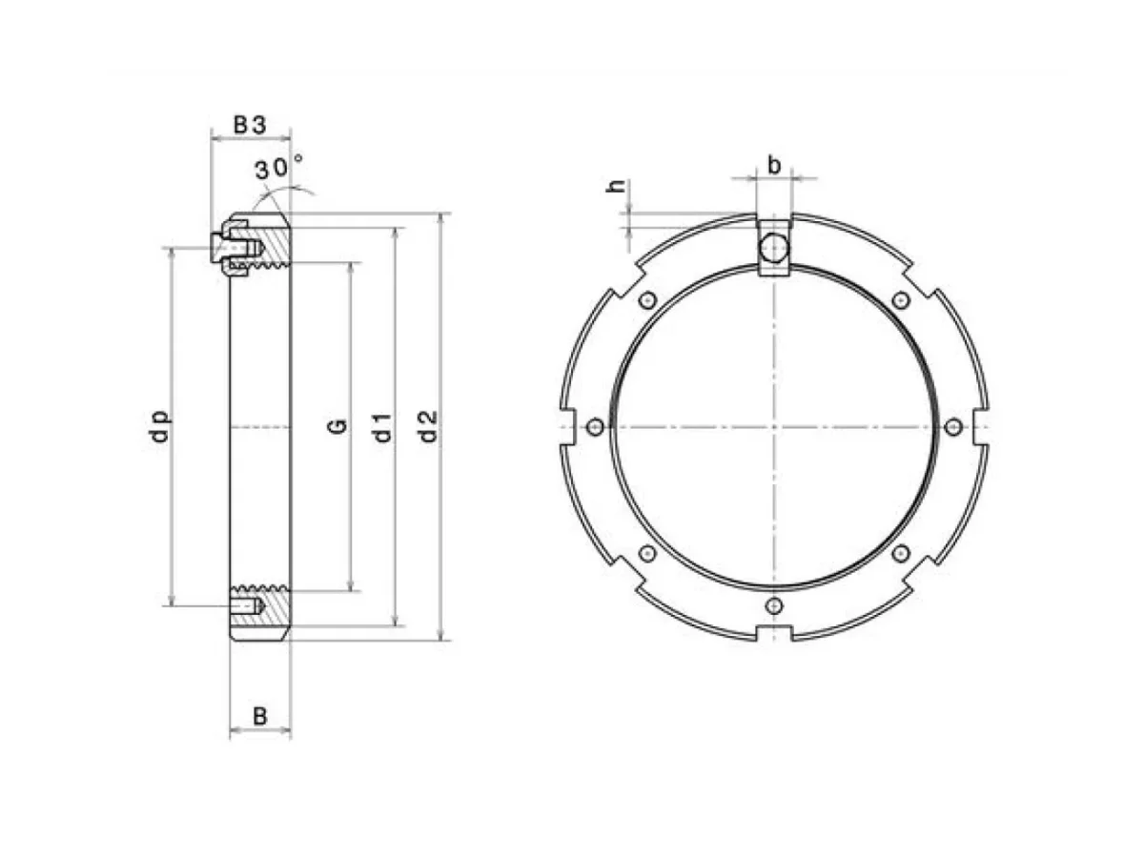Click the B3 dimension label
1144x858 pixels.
(250, 125)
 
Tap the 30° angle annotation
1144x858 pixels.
(278, 167)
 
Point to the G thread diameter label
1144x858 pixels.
(337, 425)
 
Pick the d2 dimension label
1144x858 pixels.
(429, 426)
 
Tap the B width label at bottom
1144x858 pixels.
(259, 717)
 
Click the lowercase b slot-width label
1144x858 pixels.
(774, 166)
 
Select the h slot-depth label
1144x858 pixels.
(616, 186)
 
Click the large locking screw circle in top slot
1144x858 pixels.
(774, 248)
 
